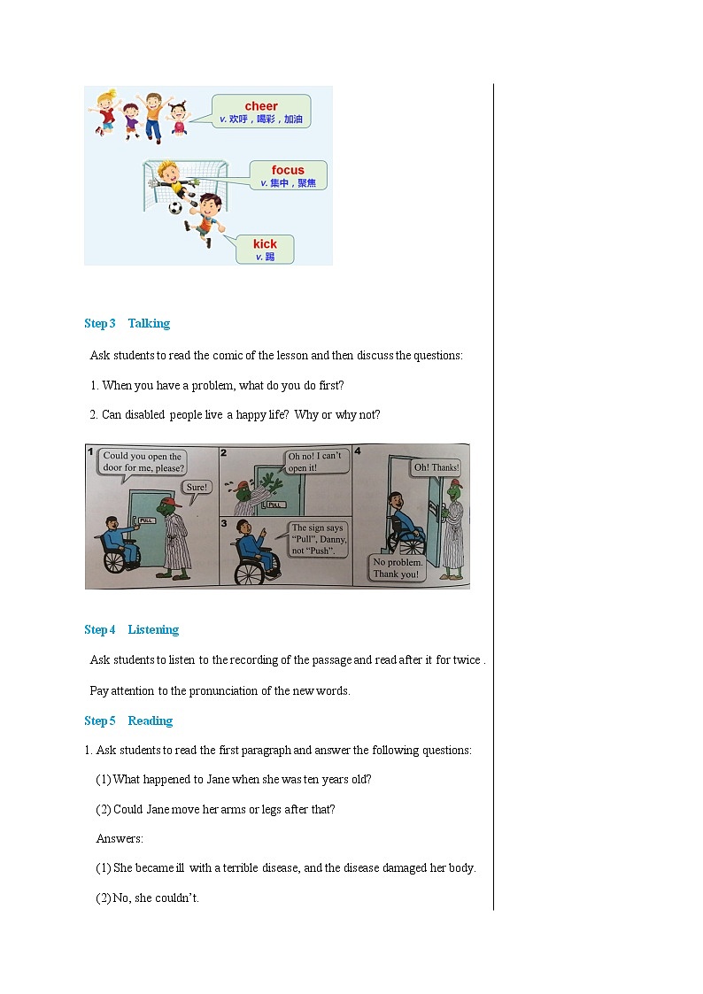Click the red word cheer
261,106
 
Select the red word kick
265,244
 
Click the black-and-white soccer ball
175,208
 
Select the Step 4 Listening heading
131,630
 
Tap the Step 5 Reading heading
128,721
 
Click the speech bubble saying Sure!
196,487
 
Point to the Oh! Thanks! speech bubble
436,467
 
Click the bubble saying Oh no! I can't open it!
313,462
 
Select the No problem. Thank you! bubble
397,568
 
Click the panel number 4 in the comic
358,451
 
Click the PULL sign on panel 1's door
147,520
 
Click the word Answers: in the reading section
120,839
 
